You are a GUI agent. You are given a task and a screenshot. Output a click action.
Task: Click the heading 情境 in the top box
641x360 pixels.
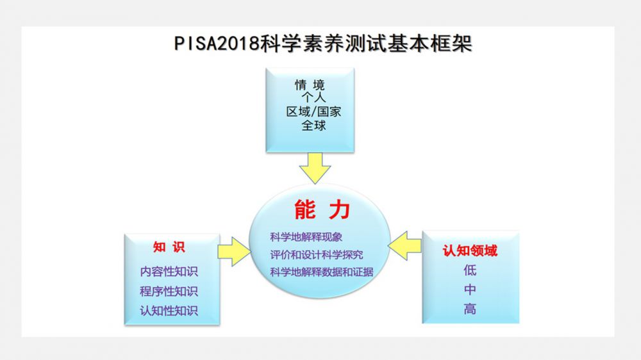pyautogui.click(x=310, y=85)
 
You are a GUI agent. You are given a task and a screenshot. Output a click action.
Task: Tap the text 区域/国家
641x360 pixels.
pyautogui.click(x=313, y=111)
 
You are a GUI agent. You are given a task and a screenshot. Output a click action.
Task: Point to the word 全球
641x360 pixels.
pyautogui.click(x=313, y=125)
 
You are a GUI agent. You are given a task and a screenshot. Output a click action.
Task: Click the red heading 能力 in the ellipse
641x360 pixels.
pyautogui.click(x=322, y=209)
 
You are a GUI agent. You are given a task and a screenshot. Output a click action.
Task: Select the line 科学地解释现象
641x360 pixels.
pyautogui.click(x=306, y=237)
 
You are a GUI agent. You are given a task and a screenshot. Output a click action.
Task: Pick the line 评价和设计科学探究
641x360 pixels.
pyautogui.click(x=317, y=254)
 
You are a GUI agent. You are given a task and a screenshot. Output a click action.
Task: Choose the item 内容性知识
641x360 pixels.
pyautogui.click(x=169, y=271)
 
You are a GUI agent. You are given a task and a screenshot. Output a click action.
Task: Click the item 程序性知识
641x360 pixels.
pyautogui.click(x=169, y=291)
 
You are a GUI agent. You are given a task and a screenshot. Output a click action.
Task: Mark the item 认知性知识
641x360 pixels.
pyautogui.click(x=169, y=311)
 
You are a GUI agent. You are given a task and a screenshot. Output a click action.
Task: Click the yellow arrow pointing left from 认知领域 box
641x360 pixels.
pyautogui.click(x=404, y=245)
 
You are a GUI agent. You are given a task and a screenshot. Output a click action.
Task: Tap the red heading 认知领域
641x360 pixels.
pyautogui.click(x=470, y=250)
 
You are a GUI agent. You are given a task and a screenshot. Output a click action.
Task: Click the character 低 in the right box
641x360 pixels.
pyautogui.click(x=470, y=270)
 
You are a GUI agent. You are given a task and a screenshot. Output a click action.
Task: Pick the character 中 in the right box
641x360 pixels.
pyautogui.click(x=470, y=290)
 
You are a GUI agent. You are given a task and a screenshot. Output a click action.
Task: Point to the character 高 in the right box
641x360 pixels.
pyautogui.click(x=470, y=309)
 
